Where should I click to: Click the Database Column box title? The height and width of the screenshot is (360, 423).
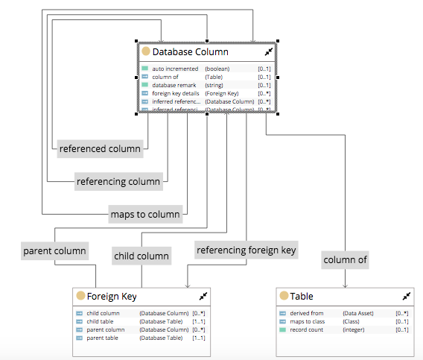click(x=190, y=52)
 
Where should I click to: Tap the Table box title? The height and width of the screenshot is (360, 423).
click(x=302, y=296)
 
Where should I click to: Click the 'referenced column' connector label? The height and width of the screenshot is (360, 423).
click(x=101, y=148)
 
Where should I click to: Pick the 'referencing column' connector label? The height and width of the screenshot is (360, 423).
click(x=118, y=181)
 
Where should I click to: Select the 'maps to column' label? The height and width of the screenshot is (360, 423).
click(x=144, y=214)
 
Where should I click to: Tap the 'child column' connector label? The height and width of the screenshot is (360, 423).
click(x=141, y=256)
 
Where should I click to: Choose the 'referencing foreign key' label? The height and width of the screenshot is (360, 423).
click(x=246, y=250)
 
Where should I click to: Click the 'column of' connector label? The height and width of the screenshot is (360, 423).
click(x=345, y=260)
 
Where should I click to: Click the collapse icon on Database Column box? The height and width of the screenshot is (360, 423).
click(x=269, y=52)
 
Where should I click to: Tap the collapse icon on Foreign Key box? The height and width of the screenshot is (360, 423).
click(x=203, y=296)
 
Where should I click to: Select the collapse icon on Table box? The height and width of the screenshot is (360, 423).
click(x=406, y=296)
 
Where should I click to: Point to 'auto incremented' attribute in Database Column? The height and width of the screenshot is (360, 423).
click(x=171, y=69)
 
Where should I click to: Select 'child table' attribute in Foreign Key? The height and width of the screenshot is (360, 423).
click(x=101, y=321)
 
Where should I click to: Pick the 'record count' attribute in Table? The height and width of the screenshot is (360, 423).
click(x=307, y=329)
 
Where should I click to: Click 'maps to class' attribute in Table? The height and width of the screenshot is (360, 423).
click(x=307, y=321)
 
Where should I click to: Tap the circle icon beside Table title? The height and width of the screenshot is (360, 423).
click(x=284, y=296)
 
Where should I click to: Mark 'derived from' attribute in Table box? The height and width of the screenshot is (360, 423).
click(x=306, y=313)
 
